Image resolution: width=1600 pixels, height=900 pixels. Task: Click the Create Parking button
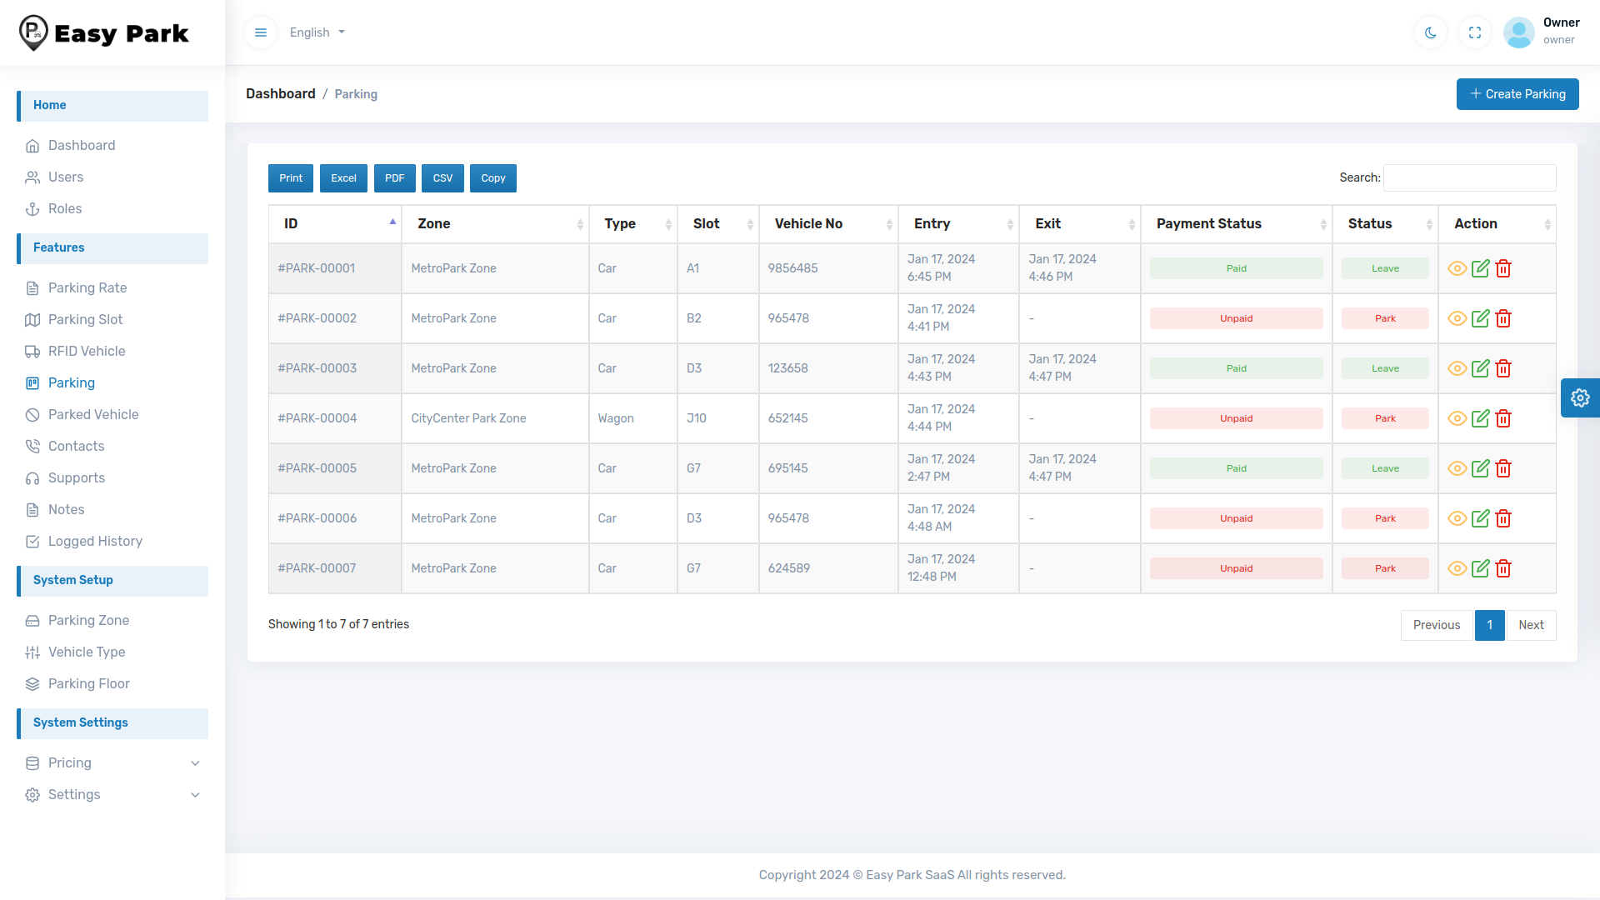(1517, 94)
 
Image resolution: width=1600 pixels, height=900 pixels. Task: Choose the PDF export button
(394, 178)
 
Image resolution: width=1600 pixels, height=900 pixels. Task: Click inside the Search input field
(1469, 177)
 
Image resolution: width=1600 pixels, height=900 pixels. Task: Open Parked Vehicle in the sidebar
(93, 414)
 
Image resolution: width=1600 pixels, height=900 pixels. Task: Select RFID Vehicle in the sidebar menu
(87, 351)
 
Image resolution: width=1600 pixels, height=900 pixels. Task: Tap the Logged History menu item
(95, 541)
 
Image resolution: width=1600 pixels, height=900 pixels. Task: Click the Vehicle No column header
(808, 223)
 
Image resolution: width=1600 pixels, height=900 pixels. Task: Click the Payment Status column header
(1208, 223)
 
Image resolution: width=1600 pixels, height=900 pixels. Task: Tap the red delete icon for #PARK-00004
(1503, 418)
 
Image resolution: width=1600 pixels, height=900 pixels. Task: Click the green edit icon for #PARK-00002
(1480, 318)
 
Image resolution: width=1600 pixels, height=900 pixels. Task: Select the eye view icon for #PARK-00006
(1457, 518)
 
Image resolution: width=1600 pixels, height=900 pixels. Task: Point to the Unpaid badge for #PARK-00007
(1236, 568)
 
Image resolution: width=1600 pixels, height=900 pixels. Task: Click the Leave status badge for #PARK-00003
(1385, 368)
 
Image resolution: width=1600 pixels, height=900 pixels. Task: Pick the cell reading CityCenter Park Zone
(468, 418)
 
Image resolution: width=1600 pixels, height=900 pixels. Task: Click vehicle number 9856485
(792, 268)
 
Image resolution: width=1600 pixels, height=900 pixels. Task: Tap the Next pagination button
(1531, 625)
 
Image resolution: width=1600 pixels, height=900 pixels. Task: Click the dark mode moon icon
(1431, 32)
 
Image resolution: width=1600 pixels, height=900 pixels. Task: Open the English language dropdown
(317, 32)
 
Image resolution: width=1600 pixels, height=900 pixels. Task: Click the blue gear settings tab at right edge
(1580, 397)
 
